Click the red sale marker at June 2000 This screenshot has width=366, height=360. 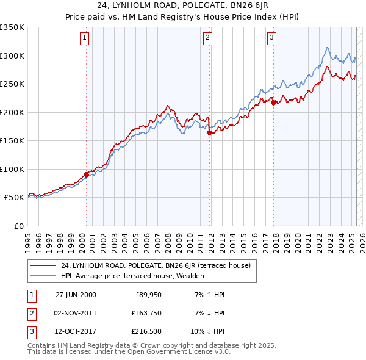pos(86,175)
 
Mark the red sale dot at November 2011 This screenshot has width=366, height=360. pos(209,132)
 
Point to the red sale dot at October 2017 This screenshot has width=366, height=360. pos(273,103)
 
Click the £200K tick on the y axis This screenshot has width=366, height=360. pos(12,112)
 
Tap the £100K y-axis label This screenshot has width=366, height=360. pos(12,169)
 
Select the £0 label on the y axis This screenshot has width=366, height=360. pos(18,226)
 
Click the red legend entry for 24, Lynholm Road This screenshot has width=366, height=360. pos(160,265)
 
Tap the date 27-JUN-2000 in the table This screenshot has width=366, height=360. pos(76,295)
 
